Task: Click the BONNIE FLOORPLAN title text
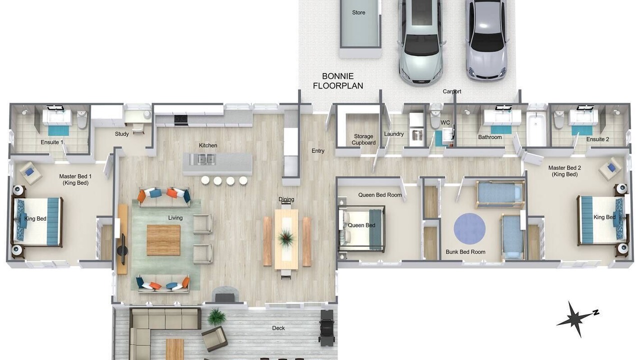click(x=338, y=81)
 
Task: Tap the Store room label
click(x=358, y=12)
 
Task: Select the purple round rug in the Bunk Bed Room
click(x=469, y=229)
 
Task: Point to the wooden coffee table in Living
click(x=163, y=240)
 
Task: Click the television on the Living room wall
click(x=123, y=249)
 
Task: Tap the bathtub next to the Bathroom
click(x=536, y=128)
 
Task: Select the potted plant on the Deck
click(x=217, y=317)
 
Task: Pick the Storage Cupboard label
click(x=363, y=139)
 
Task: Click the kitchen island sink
click(x=202, y=159)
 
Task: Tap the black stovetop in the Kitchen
click(x=181, y=119)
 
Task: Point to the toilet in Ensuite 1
click(x=82, y=119)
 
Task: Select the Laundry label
click(x=393, y=133)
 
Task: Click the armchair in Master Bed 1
click(x=30, y=173)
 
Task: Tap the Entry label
click(x=318, y=151)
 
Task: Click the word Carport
click(x=452, y=91)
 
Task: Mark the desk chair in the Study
click(x=138, y=128)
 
